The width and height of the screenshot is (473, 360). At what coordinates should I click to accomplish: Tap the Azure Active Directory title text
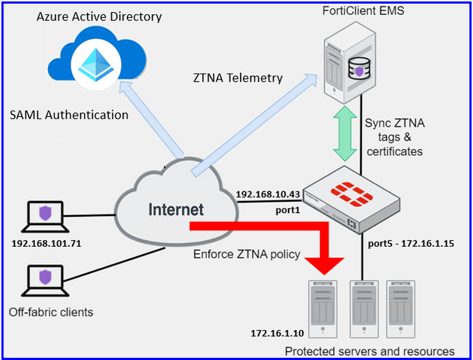click(99, 16)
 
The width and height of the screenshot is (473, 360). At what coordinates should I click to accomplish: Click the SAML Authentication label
click(69, 115)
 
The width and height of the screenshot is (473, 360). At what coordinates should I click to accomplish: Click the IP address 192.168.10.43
click(268, 194)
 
